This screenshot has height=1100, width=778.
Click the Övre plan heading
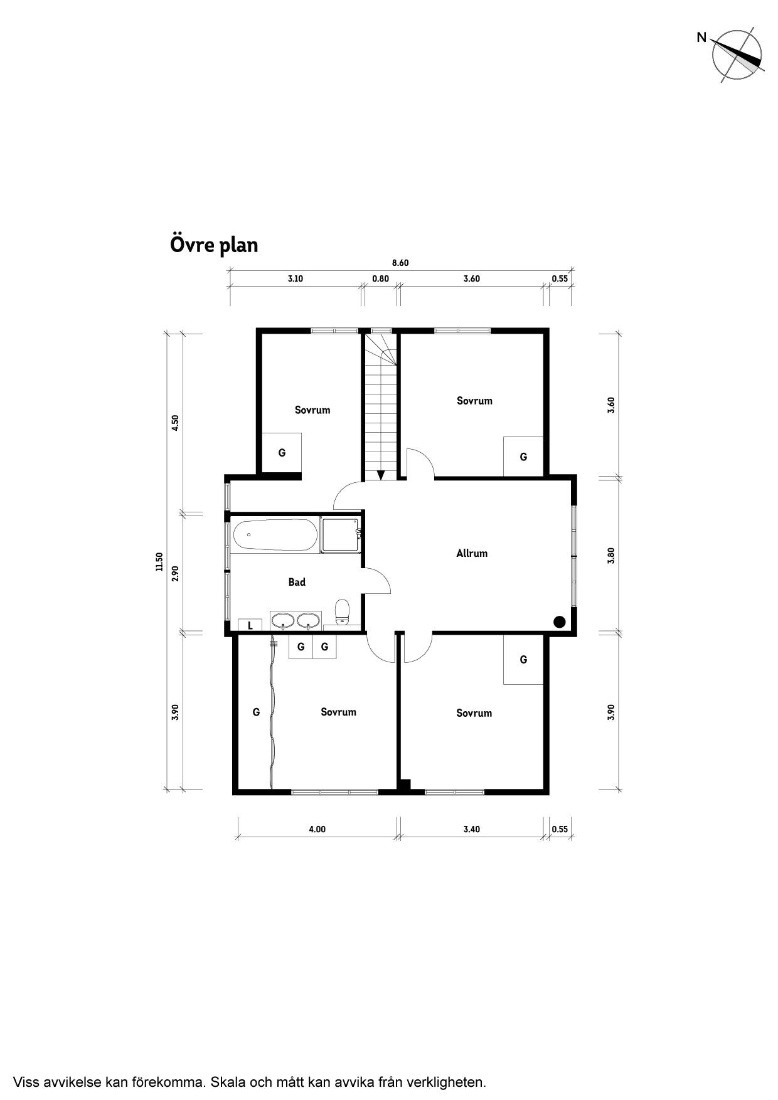pyautogui.click(x=214, y=245)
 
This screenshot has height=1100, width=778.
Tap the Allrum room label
pyautogui.click(x=472, y=553)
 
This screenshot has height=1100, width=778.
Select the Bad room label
pyautogui.click(x=297, y=582)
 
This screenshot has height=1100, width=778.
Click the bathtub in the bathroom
pyautogui.click(x=275, y=535)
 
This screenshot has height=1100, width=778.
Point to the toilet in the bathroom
pyautogui.click(x=342, y=612)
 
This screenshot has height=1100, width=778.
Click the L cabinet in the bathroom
pyautogui.click(x=250, y=625)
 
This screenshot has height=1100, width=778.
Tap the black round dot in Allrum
pyautogui.click(x=560, y=621)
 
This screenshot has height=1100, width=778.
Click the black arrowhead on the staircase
pyautogui.click(x=380, y=475)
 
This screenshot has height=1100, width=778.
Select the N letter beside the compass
pyautogui.click(x=701, y=38)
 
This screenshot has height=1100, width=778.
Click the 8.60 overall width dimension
pyautogui.click(x=400, y=263)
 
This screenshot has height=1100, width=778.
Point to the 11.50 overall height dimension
pyautogui.click(x=159, y=561)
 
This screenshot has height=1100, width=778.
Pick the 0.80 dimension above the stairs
pyautogui.click(x=381, y=278)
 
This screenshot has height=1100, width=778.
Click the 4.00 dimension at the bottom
pyautogui.click(x=317, y=829)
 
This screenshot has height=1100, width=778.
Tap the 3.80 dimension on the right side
pyautogui.click(x=611, y=556)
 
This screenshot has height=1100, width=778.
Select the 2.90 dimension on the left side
pyautogui.click(x=176, y=573)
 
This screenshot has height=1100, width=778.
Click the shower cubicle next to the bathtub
pyautogui.click(x=341, y=534)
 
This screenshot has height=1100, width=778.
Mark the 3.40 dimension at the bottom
pyautogui.click(x=472, y=829)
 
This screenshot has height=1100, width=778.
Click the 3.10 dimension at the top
pyautogui.click(x=296, y=278)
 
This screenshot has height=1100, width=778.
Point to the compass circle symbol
pyautogui.click(x=738, y=55)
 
